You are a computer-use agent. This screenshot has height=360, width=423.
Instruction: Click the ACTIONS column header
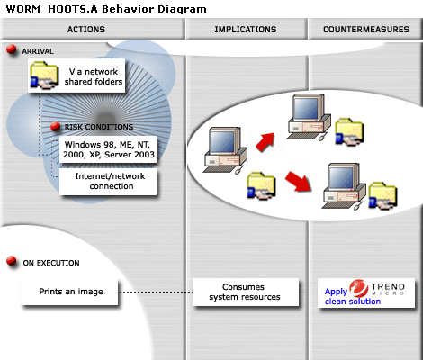tap(86, 29)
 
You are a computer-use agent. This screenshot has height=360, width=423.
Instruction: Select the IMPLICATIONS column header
tap(246, 29)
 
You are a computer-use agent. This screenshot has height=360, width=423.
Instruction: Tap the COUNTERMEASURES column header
tap(366, 29)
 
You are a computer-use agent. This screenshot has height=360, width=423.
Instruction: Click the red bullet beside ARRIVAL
tap(12, 49)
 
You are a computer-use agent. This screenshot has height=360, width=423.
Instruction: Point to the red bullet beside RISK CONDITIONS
tap(56, 126)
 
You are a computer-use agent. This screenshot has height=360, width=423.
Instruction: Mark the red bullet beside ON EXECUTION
tap(12, 261)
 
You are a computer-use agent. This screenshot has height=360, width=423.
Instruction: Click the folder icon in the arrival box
tap(44, 75)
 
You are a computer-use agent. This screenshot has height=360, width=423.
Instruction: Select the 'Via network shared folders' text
tap(94, 76)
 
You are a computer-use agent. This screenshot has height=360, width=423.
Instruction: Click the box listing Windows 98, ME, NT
tap(108, 149)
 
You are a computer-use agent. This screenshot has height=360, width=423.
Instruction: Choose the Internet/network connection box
tap(108, 182)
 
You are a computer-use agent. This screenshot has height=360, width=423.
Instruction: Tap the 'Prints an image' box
tap(69, 292)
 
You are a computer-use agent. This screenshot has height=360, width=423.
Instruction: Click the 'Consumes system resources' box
tap(246, 292)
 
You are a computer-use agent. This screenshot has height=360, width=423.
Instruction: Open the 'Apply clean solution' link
tap(353, 296)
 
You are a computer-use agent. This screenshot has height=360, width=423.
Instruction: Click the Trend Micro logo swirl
tap(359, 288)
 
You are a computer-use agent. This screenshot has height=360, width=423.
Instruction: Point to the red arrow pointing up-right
tap(265, 141)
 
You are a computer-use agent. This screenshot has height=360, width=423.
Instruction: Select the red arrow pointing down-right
tap(299, 181)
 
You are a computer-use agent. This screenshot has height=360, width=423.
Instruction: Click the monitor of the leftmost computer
tap(223, 141)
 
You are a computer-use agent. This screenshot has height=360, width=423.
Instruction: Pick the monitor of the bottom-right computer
tap(342, 177)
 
